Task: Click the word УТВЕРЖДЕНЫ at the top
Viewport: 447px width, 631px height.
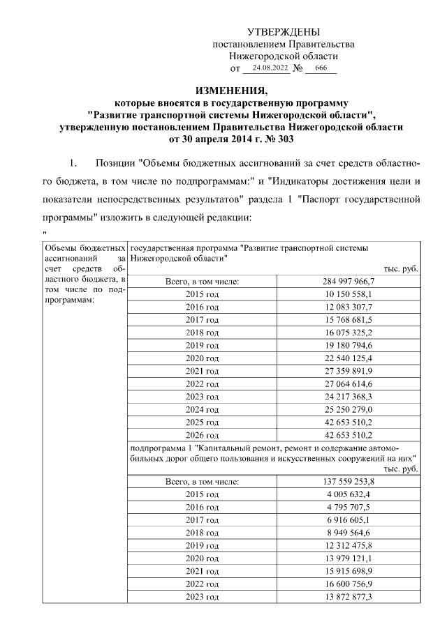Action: click(x=284, y=32)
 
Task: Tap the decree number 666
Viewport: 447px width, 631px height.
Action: click(x=321, y=68)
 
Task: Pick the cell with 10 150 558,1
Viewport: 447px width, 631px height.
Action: click(x=349, y=294)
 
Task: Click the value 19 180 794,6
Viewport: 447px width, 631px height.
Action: click(x=349, y=345)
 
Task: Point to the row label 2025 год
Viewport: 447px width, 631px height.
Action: click(x=203, y=423)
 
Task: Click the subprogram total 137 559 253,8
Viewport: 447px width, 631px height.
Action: click(x=349, y=482)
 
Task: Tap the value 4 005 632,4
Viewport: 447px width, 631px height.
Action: click(x=349, y=494)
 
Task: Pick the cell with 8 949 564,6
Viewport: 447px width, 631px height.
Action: click(x=349, y=533)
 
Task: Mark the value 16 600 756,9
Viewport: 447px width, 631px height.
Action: click(x=349, y=584)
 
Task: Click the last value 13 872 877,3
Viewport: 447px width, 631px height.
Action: click(x=349, y=597)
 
